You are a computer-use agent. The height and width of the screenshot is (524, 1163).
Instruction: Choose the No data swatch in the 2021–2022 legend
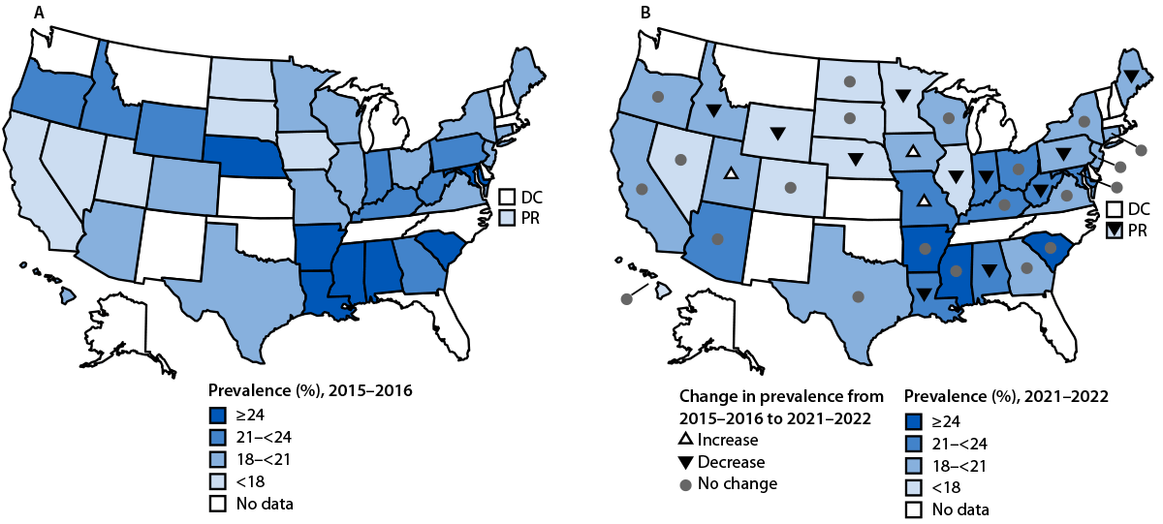(913, 509)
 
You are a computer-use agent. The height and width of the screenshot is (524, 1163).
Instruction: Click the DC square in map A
(507, 197)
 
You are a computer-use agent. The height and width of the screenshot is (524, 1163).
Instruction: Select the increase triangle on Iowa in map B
(912, 151)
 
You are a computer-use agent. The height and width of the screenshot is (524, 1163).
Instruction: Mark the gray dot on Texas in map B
(858, 296)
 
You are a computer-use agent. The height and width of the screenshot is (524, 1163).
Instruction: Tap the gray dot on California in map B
(642, 189)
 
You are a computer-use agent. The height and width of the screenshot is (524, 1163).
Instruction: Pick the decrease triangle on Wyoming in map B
(777, 133)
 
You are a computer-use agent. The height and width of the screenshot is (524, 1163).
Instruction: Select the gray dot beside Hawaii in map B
(626, 300)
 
